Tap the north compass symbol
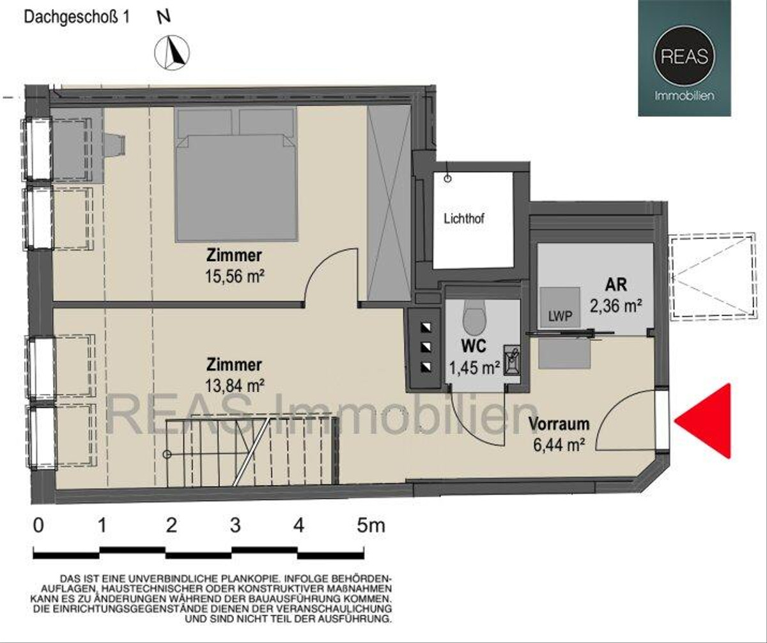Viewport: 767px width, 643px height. (x=172, y=52)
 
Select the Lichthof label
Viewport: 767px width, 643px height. (x=464, y=219)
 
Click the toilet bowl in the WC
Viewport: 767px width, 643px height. (x=474, y=319)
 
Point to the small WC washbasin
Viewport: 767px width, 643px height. (x=512, y=361)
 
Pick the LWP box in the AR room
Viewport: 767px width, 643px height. (x=560, y=307)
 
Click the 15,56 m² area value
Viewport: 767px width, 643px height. (x=235, y=276)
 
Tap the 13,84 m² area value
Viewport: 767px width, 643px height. (x=235, y=386)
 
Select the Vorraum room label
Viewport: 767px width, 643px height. (x=559, y=424)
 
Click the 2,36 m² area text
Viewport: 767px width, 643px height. (x=616, y=305)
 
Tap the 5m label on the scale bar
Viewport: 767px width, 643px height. (x=371, y=526)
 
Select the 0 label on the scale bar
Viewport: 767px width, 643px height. (x=38, y=526)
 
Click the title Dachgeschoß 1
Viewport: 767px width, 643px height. (x=77, y=17)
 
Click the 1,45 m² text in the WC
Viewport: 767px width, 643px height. (x=474, y=368)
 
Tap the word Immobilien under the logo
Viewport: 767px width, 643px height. (x=685, y=96)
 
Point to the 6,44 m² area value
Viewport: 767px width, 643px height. (x=559, y=445)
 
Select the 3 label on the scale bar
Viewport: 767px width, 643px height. (x=235, y=526)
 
